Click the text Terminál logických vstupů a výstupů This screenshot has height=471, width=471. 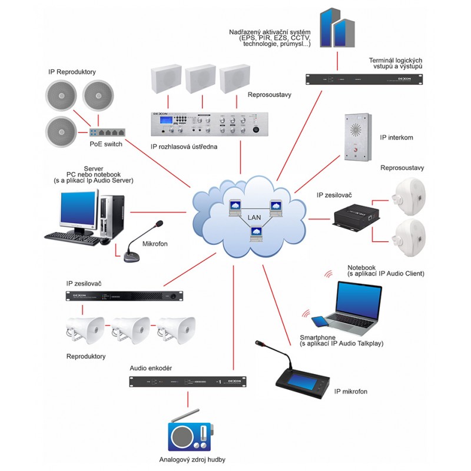[x=395, y=64]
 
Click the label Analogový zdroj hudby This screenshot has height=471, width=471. [x=193, y=460]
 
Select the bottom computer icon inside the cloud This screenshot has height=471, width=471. [x=256, y=234]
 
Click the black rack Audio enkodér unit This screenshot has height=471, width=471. [x=187, y=382]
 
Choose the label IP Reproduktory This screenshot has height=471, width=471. [x=72, y=72]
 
